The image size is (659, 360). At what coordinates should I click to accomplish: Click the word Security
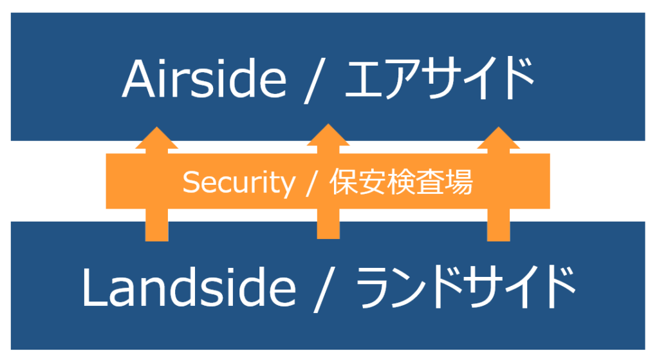click(238, 183)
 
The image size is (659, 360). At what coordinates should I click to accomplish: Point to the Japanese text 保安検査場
click(402, 183)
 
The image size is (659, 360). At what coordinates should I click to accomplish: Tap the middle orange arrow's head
click(328, 136)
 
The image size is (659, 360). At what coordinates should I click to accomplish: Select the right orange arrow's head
click(498, 139)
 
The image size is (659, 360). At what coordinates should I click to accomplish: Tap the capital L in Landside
click(93, 287)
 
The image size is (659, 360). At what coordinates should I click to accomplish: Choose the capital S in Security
click(190, 183)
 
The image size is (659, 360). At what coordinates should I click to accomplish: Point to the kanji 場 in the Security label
click(459, 183)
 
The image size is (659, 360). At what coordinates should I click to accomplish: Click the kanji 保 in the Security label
click(343, 183)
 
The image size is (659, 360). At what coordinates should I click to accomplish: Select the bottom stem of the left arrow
click(156, 225)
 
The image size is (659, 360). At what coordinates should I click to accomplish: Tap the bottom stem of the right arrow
click(498, 225)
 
